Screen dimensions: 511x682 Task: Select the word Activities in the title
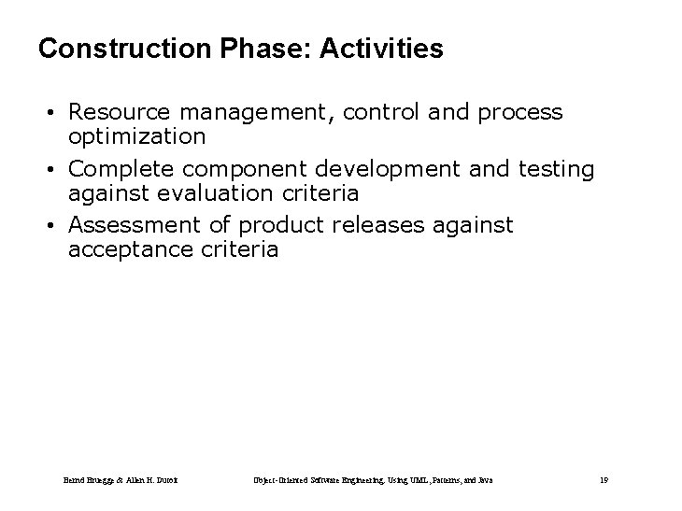click(x=382, y=49)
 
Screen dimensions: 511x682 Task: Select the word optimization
click(x=136, y=136)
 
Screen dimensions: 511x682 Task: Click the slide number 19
click(x=604, y=480)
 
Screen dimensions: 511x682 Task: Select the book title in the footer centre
click(x=374, y=480)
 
